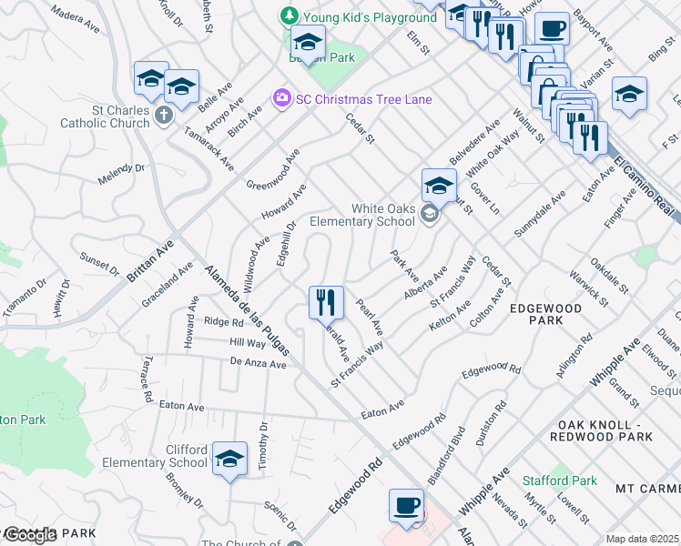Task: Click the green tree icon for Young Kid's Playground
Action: coord(289,16)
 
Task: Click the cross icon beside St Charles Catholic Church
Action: coord(163,115)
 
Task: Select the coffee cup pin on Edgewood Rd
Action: coord(406,505)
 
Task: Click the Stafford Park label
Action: coord(560,480)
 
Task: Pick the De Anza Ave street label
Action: coord(258,363)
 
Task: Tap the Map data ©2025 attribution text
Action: coord(643,539)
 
